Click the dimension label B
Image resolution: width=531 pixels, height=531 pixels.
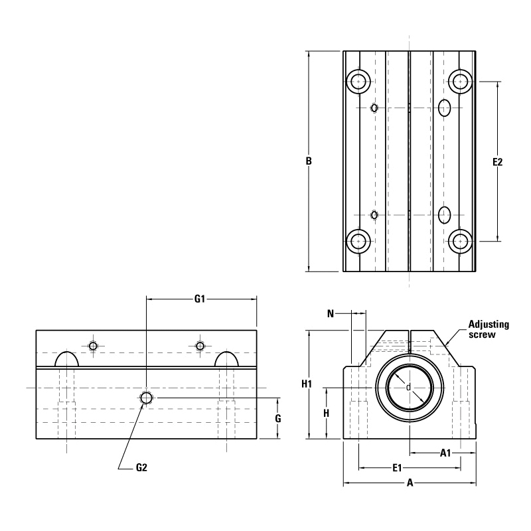pyautogui.click(x=309, y=161)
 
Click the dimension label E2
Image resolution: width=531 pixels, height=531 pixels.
pyautogui.click(x=498, y=161)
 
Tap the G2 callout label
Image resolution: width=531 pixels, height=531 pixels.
pyautogui.click(x=141, y=467)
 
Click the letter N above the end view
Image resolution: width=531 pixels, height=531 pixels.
pyautogui.click(x=330, y=313)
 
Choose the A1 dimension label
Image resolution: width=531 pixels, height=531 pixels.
pyautogui.click(x=446, y=453)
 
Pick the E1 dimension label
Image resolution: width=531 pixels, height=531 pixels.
pyautogui.click(x=398, y=468)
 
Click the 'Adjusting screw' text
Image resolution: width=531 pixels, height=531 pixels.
pyautogui.click(x=488, y=329)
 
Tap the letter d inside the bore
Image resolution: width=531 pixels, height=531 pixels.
pyautogui.click(x=408, y=387)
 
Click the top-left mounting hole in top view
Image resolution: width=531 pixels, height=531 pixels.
pyautogui.click(x=359, y=82)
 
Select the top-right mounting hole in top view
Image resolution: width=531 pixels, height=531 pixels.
pyautogui.click(x=460, y=82)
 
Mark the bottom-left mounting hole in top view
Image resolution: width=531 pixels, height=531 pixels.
pyautogui.click(x=359, y=240)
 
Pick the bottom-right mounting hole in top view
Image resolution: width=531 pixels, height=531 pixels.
pyautogui.click(x=460, y=240)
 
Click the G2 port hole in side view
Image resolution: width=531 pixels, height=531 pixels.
pyautogui.click(x=146, y=398)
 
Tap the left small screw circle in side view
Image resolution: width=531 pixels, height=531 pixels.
pyautogui.click(x=93, y=346)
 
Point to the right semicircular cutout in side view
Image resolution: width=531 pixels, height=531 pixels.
pyautogui.click(x=227, y=359)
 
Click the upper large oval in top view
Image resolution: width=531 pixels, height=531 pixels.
pyautogui.click(x=445, y=106)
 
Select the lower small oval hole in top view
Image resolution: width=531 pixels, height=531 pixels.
pyautogui.click(x=375, y=214)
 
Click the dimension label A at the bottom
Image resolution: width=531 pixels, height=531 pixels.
pyautogui.click(x=410, y=483)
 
